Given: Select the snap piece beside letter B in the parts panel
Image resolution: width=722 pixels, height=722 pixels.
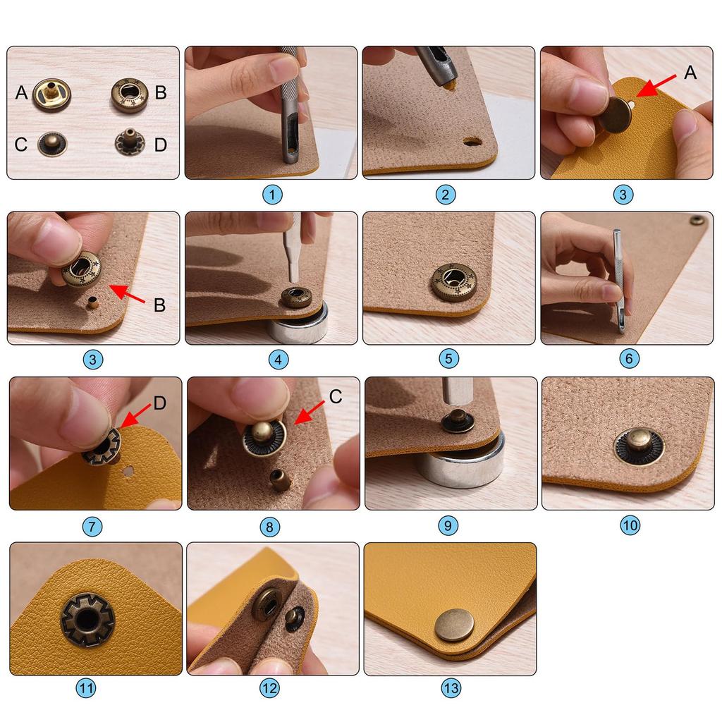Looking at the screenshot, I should click(x=130, y=94).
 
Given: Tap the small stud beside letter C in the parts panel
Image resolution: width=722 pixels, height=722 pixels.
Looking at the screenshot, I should click(x=51, y=144).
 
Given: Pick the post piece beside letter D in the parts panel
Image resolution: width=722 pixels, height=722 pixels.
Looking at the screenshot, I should click(x=129, y=142).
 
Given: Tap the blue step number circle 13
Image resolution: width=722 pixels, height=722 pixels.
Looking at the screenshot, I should click(x=450, y=687).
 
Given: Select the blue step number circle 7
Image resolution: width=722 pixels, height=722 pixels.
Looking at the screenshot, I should click(x=94, y=525).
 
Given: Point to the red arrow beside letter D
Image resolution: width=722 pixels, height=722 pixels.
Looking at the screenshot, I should click(x=136, y=415).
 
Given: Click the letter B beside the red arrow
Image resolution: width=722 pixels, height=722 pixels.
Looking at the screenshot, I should click(x=159, y=305).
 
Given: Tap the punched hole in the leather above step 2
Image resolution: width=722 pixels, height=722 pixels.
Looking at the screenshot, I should click(x=472, y=142).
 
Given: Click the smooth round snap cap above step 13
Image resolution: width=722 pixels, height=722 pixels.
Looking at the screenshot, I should click(x=454, y=625).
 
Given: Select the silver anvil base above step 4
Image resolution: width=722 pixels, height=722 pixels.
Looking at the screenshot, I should click(x=297, y=325).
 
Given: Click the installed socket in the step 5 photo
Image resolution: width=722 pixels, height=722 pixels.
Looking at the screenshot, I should click(x=453, y=281).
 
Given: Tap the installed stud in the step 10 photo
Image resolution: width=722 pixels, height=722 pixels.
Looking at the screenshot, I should click(x=637, y=446).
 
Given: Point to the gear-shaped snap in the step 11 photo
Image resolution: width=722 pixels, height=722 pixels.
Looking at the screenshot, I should click(x=87, y=619).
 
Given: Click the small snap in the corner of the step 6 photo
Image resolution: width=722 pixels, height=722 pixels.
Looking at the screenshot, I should click(x=697, y=221).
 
